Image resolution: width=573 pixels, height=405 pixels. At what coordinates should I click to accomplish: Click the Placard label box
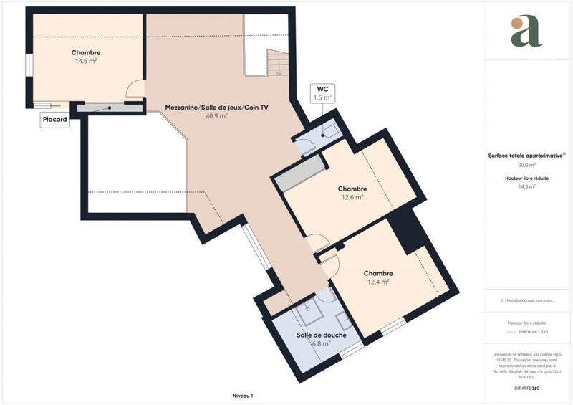[x=55, y=121]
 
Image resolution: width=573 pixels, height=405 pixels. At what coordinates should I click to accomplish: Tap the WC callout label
[x=322, y=92]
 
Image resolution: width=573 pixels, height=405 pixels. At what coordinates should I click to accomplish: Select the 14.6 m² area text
[x=86, y=62]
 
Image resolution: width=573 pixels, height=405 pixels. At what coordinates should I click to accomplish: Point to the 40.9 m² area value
[x=216, y=115]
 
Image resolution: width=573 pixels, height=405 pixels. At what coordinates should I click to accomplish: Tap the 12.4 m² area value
[x=377, y=282]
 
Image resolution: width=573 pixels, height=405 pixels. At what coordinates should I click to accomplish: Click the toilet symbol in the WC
[x=330, y=130]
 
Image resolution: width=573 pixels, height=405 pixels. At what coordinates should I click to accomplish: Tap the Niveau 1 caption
[x=243, y=395]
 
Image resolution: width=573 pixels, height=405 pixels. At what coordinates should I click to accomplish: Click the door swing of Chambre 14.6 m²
[x=135, y=90]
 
